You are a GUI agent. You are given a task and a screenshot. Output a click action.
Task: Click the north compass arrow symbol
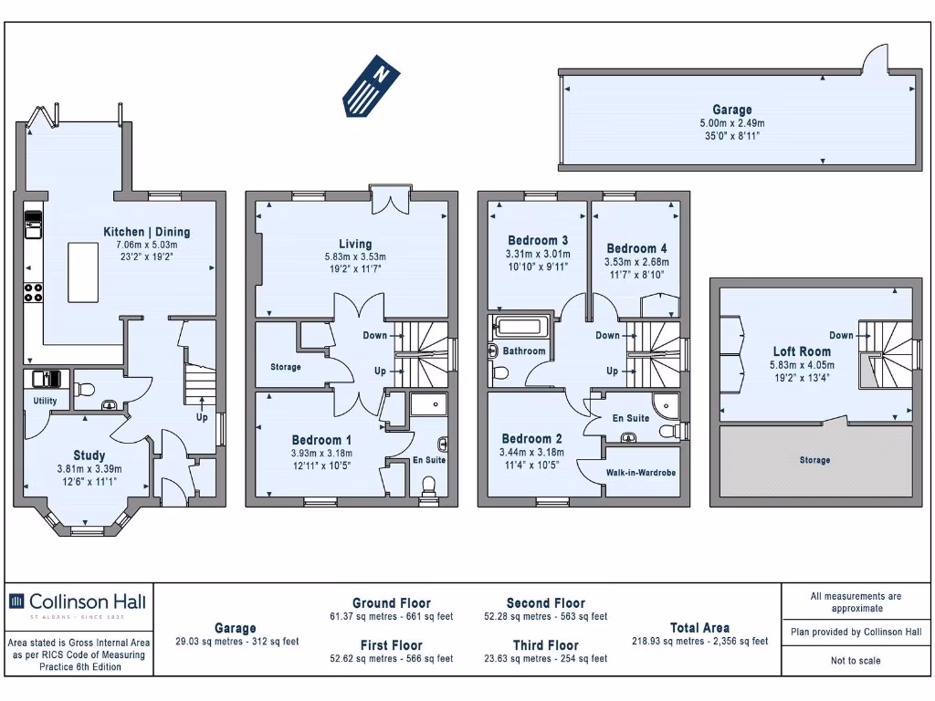pos(372,86)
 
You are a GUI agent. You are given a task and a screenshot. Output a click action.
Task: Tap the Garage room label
pos(732,110)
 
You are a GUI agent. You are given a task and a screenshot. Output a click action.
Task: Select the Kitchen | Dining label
pos(146,232)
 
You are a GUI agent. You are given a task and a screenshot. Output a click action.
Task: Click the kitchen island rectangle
pos(83,272)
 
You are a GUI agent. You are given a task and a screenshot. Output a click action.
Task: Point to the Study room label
pos(89,455)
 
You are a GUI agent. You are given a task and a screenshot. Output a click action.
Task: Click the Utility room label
pos(45,401)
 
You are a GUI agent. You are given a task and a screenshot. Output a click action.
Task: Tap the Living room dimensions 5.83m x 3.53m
pos(355,257)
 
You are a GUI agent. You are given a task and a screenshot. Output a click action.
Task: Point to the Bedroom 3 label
pos(538,241)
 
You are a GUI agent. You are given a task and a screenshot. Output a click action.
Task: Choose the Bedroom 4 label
pos(636,248)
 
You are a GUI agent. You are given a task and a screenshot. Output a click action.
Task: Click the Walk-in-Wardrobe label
pos(641,473)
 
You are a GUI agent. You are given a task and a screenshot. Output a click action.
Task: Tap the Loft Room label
pos(802,351)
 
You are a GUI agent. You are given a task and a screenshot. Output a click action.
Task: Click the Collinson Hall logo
pos(78,602)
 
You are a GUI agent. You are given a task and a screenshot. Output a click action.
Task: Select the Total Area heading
pos(699,627)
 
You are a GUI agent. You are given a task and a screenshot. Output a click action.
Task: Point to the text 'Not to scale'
pos(856,661)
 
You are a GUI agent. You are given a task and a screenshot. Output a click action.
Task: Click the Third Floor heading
pos(545,645)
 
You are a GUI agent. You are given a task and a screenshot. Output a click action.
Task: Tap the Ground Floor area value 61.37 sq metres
pos(391,617)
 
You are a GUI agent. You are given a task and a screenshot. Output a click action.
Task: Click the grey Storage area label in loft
pos(814,460)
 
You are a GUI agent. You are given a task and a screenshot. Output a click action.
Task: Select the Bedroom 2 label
pos(532,439)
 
